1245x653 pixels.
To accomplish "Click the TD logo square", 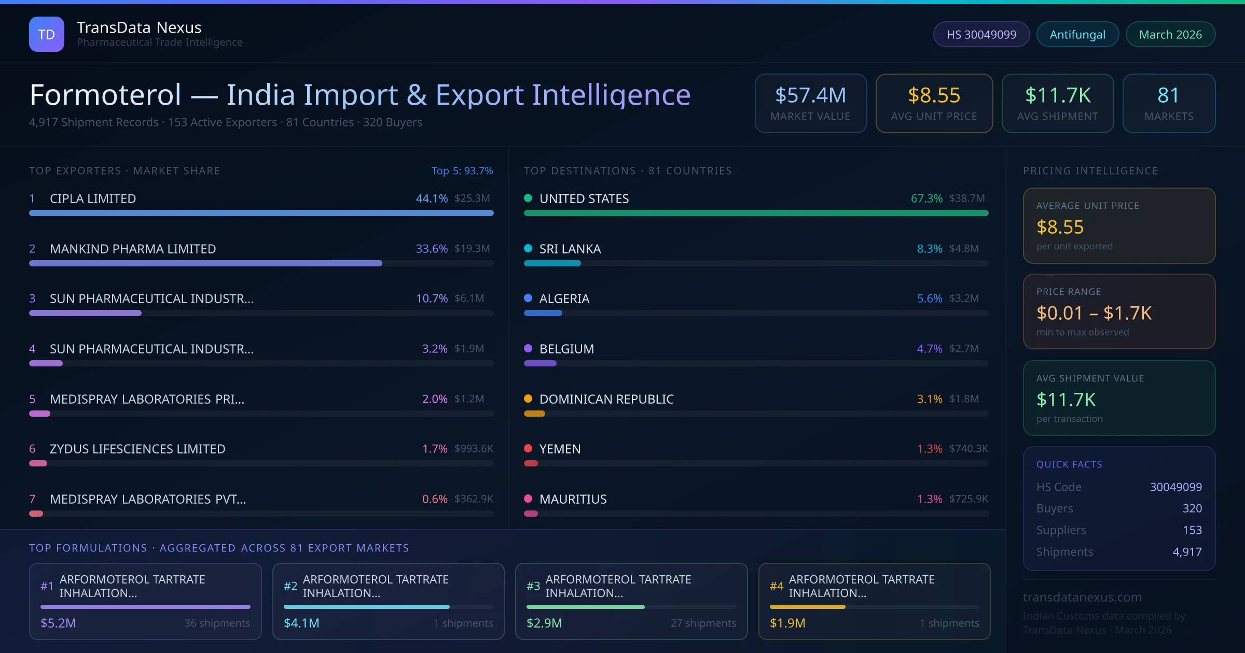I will coord(47,34).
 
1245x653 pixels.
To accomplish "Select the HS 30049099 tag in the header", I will coord(981,34).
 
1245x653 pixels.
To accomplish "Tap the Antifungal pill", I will coord(1077,34).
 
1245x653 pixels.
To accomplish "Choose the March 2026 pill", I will coord(1170,34).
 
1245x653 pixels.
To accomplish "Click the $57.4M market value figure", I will coord(810,95).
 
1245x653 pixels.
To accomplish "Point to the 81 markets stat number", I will coord(1168,95).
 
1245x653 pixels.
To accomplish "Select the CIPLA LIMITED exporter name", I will coord(93,198).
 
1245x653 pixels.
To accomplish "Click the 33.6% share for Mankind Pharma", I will coord(431,249).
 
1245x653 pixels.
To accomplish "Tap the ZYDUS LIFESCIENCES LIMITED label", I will coord(137,449).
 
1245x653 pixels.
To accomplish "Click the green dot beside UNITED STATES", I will coord(528,198).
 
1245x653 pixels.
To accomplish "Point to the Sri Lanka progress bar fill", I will coord(552,263).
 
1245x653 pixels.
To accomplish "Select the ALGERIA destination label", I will coord(564,299).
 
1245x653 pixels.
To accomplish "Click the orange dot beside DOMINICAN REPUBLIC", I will coord(528,399).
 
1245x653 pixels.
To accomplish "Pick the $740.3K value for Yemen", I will coord(968,449).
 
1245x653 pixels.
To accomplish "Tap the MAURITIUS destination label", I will coord(573,499).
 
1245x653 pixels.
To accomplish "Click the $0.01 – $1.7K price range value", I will coord(1094,313).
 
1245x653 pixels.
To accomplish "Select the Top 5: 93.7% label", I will coord(462,171).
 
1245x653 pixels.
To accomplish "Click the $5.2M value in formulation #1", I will coord(58,623).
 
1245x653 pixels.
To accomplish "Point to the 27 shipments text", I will coord(703,623).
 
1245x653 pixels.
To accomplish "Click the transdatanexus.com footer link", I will coord(1082,597).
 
